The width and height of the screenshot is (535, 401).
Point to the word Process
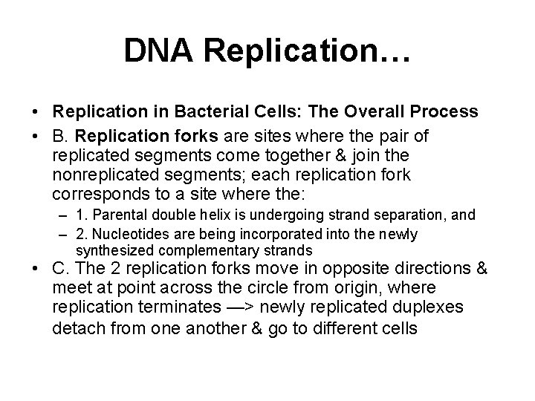point(435,112)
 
